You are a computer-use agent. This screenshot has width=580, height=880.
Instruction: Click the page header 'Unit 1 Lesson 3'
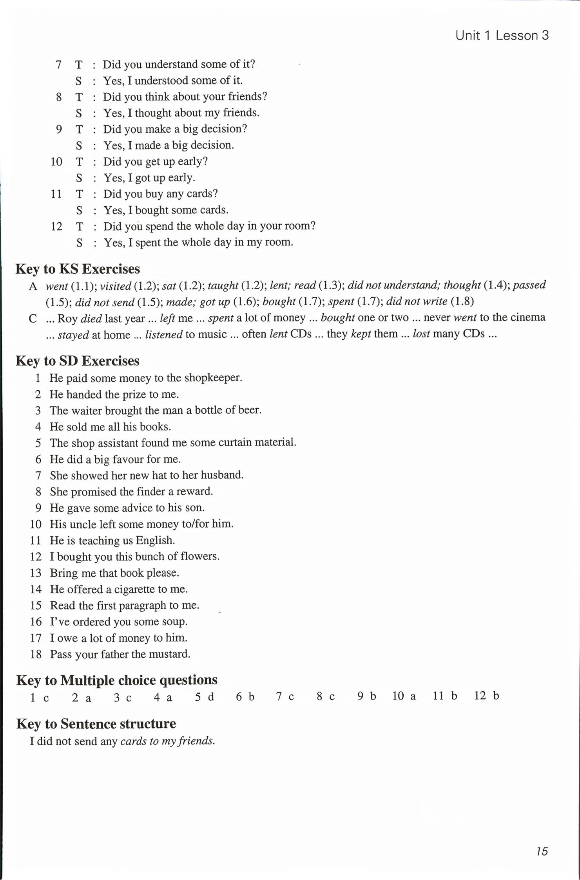(502, 36)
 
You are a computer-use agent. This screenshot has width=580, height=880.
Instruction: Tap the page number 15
(542, 851)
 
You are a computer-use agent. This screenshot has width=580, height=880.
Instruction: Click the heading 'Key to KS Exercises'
(78, 269)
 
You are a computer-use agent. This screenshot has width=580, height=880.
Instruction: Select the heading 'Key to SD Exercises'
(77, 361)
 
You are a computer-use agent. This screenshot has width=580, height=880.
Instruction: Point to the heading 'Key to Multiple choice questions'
(116, 680)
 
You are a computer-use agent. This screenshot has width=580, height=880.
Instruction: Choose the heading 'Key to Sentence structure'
(96, 724)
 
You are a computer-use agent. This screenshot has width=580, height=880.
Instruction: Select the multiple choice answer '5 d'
(205, 696)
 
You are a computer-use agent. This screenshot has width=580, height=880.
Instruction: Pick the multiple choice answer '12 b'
(486, 696)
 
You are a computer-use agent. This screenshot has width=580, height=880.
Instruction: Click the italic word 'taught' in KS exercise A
(223, 285)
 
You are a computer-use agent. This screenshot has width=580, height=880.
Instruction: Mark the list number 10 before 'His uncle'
(36, 524)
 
